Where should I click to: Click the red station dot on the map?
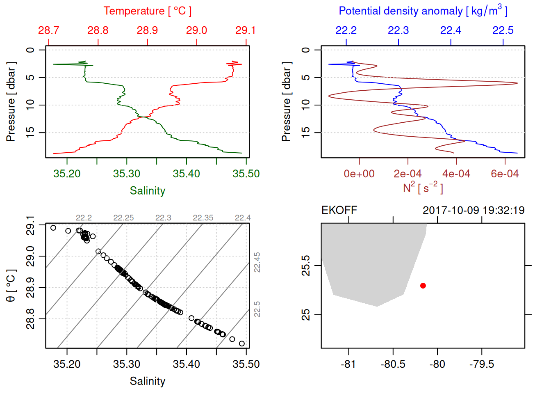(x=423, y=286)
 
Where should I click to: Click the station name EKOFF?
(x=339, y=211)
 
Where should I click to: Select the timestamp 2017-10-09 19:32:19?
(x=474, y=211)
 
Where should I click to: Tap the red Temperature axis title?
(x=147, y=11)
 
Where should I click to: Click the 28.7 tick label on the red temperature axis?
(x=48, y=30)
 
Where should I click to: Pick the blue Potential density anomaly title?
(x=423, y=11)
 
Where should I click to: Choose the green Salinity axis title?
(x=147, y=191)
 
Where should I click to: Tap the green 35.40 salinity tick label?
(x=186, y=174)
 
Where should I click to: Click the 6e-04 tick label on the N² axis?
(x=505, y=174)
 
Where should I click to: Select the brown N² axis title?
(x=423, y=188)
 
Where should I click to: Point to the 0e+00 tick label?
(x=359, y=174)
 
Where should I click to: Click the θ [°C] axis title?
(x=11, y=286)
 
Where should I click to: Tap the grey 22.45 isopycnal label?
(x=257, y=262)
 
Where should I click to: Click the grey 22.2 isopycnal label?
(x=84, y=218)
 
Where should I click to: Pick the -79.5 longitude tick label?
(x=482, y=364)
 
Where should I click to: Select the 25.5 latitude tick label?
(x=306, y=266)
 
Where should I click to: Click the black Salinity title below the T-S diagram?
(x=147, y=381)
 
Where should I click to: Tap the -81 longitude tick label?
(x=348, y=364)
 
